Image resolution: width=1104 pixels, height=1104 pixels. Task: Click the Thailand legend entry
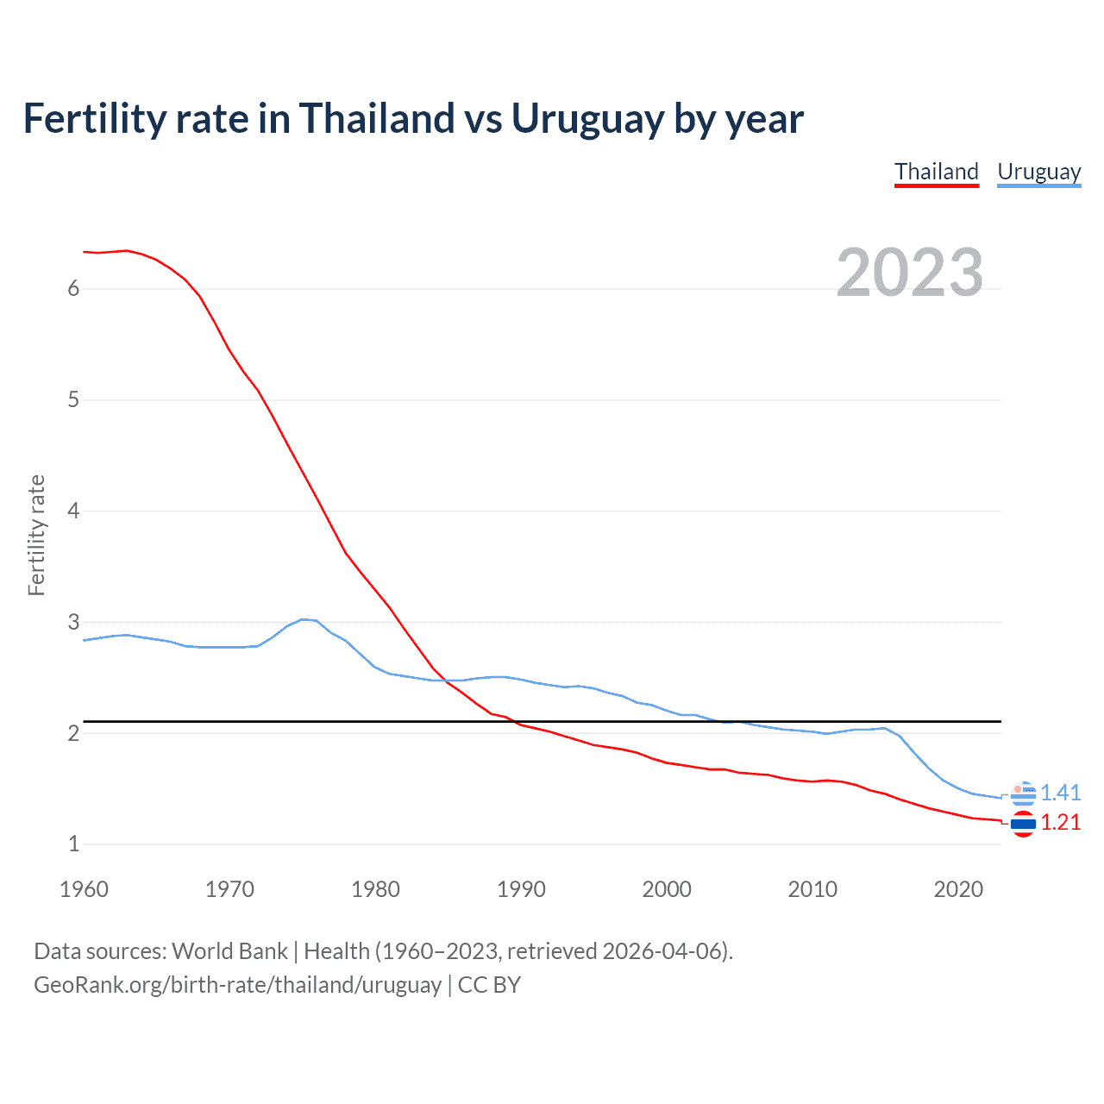[937, 172]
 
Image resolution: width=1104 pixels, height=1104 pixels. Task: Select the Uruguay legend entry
[1038, 172]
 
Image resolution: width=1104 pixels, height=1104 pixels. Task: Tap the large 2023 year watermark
[909, 273]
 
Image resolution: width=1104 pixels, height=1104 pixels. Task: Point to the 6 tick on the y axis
[73, 288]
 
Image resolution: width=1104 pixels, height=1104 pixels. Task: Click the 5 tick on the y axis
[73, 399]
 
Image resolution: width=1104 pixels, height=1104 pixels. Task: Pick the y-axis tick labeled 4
[73, 511]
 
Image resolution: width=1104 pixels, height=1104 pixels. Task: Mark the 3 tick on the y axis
[73, 622]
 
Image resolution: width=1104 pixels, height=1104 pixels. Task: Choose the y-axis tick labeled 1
[73, 844]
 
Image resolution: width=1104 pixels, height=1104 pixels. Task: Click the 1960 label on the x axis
[84, 889]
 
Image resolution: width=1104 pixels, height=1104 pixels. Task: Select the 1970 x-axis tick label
[229, 889]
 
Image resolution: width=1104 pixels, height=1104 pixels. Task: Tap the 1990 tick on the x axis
[521, 889]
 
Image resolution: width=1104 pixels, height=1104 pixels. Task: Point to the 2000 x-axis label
[667, 889]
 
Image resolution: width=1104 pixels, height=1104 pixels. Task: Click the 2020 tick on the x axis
[958, 889]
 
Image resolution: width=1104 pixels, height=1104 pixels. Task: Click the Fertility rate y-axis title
[36, 535]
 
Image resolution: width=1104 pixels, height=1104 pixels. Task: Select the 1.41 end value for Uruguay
[1060, 793]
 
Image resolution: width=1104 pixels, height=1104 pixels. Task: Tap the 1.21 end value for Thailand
[1060, 822]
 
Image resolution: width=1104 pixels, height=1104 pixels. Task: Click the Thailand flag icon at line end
[1023, 825]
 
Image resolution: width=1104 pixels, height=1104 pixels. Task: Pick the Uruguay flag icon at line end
[1023, 793]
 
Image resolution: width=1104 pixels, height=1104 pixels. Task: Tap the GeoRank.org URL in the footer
[237, 985]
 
